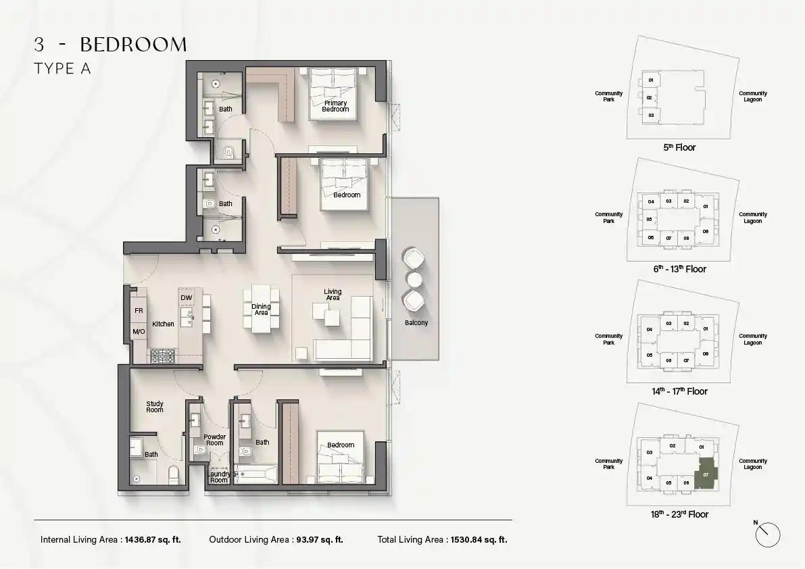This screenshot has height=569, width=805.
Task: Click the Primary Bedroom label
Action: (335, 106)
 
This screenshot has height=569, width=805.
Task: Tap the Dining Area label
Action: (262, 310)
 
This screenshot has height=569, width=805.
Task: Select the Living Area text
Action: (333, 295)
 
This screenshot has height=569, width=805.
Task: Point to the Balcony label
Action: (416, 323)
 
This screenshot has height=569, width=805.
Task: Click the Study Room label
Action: (155, 407)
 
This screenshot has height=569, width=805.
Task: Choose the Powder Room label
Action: (214, 440)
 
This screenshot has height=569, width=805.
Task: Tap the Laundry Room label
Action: (219, 477)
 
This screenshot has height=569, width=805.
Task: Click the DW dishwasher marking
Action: (187, 297)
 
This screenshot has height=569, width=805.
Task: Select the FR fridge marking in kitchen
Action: (139, 311)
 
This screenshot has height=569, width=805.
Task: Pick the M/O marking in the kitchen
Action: (139, 332)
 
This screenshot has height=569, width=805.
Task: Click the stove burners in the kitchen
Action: (163, 355)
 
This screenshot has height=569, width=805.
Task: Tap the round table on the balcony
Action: (414, 280)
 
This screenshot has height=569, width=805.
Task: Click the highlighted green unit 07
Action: (706, 474)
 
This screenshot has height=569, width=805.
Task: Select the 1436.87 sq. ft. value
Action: (153, 540)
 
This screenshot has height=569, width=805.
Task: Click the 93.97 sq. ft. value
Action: (319, 540)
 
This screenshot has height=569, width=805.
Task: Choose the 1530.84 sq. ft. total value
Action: (479, 540)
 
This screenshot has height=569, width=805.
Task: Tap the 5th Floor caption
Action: (679, 148)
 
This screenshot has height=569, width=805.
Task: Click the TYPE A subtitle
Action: (63, 69)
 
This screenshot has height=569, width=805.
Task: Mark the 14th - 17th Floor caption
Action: (680, 391)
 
